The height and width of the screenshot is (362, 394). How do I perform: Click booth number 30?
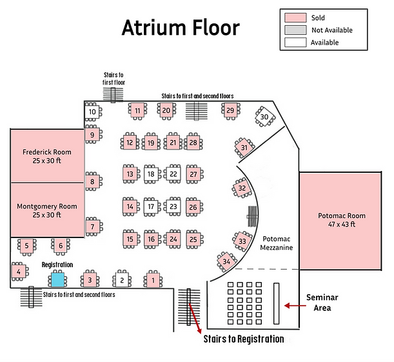[264, 117]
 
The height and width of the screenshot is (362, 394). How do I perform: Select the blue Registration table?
[58, 279]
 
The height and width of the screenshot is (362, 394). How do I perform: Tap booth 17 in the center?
[150, 207]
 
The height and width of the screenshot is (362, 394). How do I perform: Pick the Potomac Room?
[342, 219]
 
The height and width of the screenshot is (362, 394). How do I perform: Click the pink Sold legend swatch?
[295, 17]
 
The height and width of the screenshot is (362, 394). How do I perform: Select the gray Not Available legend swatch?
[295, 30]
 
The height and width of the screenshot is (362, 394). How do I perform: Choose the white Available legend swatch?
[295, 42]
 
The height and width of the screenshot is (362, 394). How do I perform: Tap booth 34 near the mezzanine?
[226, 261]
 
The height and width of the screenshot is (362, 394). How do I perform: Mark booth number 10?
[92, 112]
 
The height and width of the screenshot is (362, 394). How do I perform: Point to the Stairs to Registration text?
[244, 339]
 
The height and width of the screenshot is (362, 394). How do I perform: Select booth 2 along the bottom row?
[121, 280]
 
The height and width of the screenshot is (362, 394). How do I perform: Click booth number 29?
[230, 111]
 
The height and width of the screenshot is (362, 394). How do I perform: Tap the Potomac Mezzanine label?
[277, 243]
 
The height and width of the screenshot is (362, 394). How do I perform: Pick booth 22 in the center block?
[173, 174]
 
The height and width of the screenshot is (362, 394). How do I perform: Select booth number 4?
[19, 272]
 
